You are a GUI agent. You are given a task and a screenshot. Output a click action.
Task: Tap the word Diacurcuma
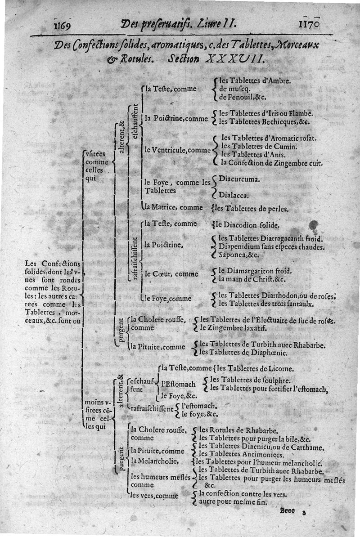[x=238, y=179]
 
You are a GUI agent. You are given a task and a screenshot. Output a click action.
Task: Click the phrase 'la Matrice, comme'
[x=172, y=208]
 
